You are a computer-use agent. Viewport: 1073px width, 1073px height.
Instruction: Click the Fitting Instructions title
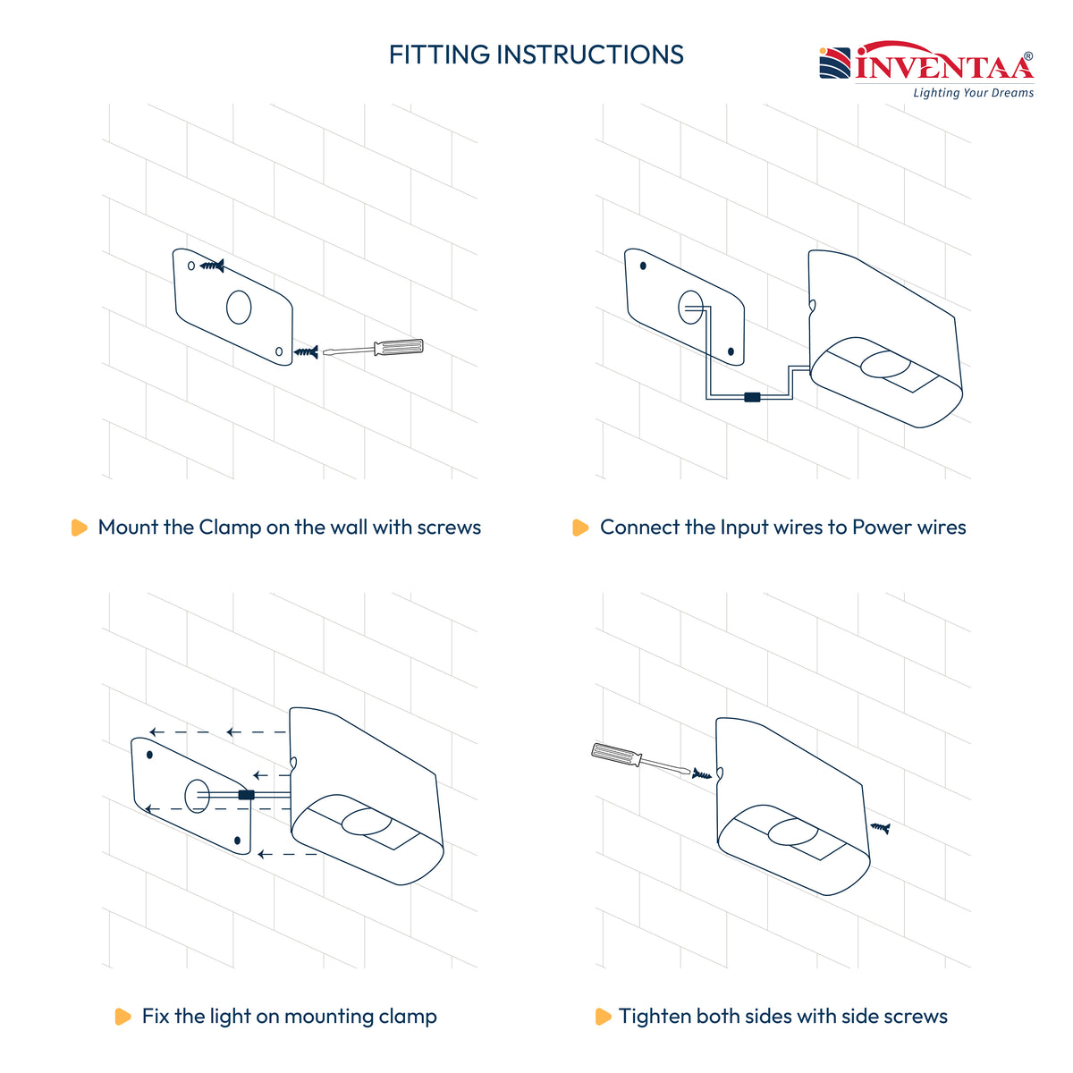tap(536, 55)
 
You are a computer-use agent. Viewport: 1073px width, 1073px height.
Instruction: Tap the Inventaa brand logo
tap(926, 62)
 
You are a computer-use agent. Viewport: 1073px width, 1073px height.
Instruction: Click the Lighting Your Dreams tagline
tap(973, 92)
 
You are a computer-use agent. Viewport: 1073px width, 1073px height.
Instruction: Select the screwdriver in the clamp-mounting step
tap(373, 348)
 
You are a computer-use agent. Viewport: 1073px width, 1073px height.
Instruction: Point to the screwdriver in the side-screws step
tap(640, 758)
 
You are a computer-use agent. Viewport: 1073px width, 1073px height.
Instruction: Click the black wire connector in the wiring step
tap(752, 397)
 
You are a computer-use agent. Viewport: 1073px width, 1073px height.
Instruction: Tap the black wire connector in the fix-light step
tap(246, 795)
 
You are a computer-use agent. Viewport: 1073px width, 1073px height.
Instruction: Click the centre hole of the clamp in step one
tap(239, 307)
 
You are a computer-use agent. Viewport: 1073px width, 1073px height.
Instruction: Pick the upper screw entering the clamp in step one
tap(212, 266)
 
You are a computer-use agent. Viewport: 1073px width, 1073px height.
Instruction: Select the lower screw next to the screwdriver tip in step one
tap(307, 352)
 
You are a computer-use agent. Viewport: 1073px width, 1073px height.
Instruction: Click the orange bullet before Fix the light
tap(123, 1016)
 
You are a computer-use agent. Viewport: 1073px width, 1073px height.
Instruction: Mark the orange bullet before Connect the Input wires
tap(580, 528)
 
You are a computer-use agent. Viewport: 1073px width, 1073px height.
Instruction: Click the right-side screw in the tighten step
tap(880, 829)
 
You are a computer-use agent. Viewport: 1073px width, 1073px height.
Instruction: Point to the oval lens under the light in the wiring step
tap(885, 364)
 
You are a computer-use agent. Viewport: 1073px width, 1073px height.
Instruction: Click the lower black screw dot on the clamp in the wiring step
tap(731, 351)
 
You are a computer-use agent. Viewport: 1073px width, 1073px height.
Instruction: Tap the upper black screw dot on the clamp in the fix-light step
tap(149, 755)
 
